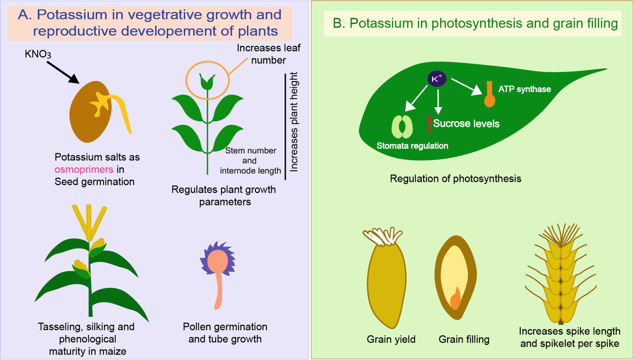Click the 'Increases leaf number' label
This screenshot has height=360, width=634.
click(x=269, y=54)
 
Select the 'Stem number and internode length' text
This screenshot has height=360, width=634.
click(x=250, y=161)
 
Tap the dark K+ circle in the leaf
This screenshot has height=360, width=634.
click(x=437, y=79)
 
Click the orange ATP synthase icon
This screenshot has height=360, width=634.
click(x=490, y=94)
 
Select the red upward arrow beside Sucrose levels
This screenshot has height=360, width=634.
click(x=429, y=122)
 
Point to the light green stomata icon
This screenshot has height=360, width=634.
click(x=402, y=127)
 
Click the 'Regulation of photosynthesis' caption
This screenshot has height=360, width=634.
click(x=455, y=178)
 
